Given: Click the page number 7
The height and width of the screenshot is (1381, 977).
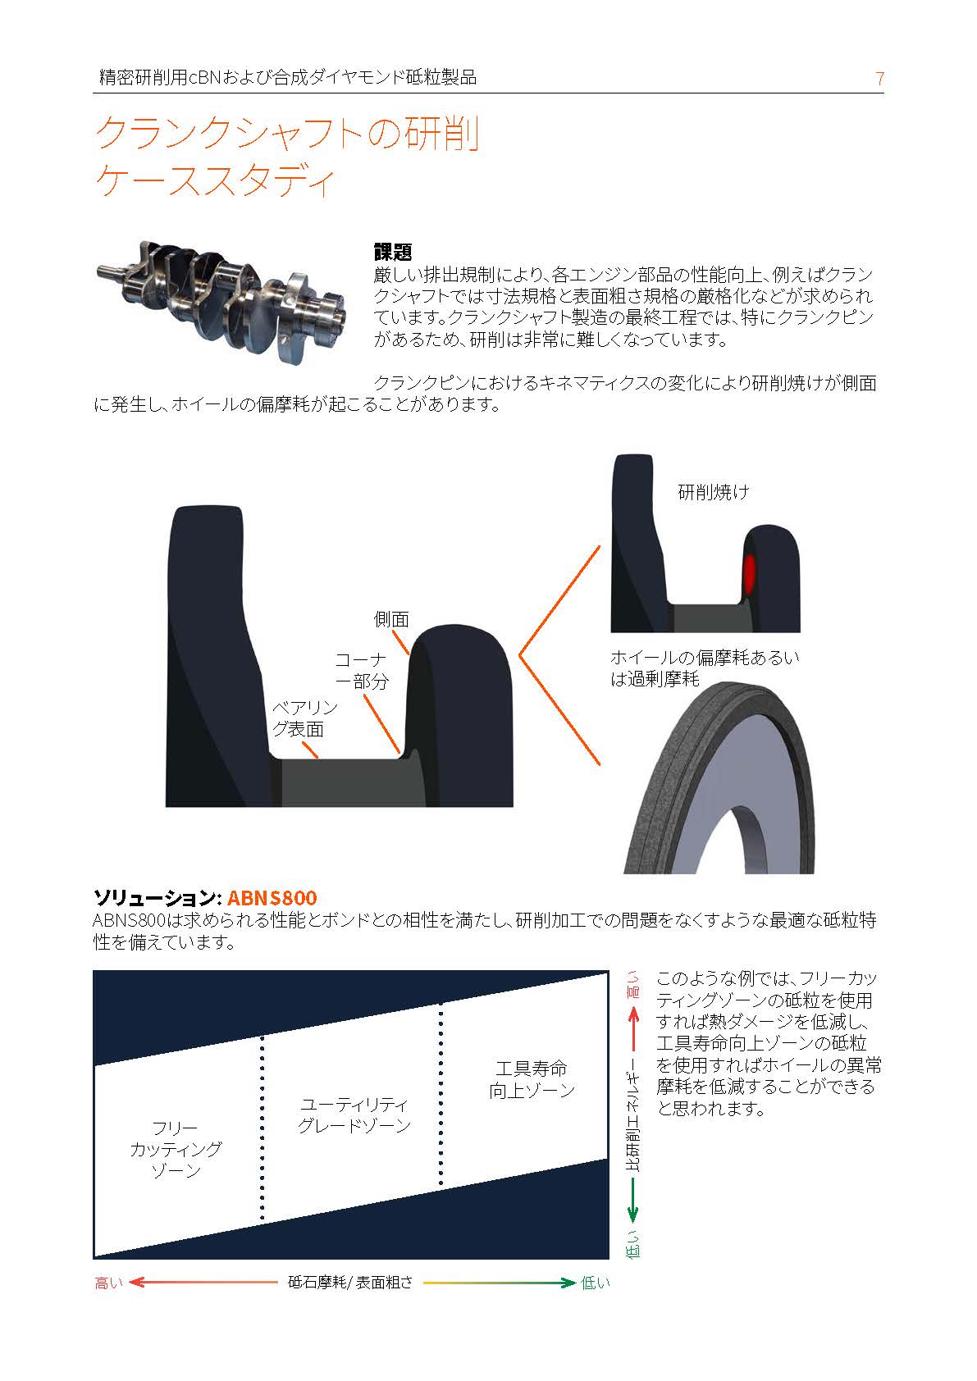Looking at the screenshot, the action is [x=879, y=78].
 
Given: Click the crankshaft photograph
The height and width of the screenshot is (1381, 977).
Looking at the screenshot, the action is [x=221, y=301].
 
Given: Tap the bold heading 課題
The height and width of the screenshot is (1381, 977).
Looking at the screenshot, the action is [x=392, y=252].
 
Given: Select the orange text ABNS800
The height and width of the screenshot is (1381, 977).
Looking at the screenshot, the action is [x=272, y=897].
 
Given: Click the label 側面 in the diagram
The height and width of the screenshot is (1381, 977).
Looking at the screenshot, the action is [x=391, y=619].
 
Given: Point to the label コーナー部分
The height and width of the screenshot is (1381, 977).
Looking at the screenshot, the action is [x=362, y=670].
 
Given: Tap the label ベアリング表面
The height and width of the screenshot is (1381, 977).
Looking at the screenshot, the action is [x=304, y=718].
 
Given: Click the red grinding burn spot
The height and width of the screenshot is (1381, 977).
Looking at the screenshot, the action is [x=749, y=572].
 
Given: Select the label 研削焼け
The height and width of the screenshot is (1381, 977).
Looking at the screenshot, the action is [x=714, y=492].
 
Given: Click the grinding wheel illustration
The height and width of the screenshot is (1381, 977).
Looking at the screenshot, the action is [x=719, y=778].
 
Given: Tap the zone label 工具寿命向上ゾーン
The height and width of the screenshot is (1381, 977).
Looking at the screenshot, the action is [x=532, y=1079].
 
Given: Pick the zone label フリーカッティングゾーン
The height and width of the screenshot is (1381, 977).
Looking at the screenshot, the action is [x=176, y=1149].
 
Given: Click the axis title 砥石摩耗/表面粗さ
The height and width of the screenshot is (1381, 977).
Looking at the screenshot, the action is [x=350, y=1283].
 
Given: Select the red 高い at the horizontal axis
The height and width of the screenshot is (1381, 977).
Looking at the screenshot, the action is [x=108, y=1283].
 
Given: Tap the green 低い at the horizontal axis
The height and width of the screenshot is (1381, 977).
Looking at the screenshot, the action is [x=596, y=1283].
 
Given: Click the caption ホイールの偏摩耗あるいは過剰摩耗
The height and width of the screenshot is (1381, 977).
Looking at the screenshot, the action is [x=705, y=668].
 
